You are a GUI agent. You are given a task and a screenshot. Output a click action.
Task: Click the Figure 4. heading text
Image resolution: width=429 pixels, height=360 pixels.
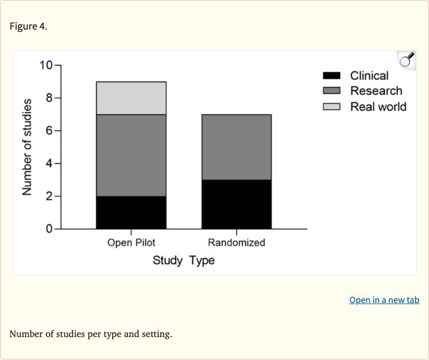point(28,27)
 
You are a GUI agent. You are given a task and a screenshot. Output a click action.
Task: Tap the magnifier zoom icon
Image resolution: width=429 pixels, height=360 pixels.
point(407,60)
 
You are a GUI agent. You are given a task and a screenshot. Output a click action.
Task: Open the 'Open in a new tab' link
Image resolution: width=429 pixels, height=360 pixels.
point(384,300)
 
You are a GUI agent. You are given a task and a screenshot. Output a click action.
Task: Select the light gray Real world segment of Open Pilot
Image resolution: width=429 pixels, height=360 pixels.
point(131,98)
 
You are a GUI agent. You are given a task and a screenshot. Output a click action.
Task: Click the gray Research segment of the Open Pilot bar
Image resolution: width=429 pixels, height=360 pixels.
point(131,155)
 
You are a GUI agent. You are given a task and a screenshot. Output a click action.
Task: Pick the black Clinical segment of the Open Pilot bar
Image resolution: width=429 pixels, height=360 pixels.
point(131,212)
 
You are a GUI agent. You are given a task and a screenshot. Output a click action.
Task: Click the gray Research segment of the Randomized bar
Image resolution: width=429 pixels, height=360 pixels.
point(236,147)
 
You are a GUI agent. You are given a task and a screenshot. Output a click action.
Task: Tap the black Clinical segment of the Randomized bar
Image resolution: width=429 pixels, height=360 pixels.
point(236,205)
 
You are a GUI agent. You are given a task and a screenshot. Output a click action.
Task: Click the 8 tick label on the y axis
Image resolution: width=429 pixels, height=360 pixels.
point(49,98)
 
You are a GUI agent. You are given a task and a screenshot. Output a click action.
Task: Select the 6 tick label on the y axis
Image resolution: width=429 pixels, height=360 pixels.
point(49,131)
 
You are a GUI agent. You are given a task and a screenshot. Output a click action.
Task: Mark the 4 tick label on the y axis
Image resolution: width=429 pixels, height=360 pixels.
point(49,164)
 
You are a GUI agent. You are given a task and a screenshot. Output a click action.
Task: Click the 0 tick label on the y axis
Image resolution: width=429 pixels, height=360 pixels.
point(49,229)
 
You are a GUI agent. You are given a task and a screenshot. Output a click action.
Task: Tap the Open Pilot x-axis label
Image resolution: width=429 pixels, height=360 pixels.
point(131,243)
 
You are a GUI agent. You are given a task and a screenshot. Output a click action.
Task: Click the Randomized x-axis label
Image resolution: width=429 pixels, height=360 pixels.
point(236,243)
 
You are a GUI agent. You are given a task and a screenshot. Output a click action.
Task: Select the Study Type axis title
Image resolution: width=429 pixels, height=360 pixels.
point(184,260)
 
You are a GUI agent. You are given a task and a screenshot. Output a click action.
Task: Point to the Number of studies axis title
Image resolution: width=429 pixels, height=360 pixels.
point(26,147)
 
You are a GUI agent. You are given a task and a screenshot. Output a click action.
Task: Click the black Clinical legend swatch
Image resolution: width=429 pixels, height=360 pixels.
point(332,76)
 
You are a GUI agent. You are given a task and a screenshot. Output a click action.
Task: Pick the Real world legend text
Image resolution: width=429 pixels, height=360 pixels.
point(378,107)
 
